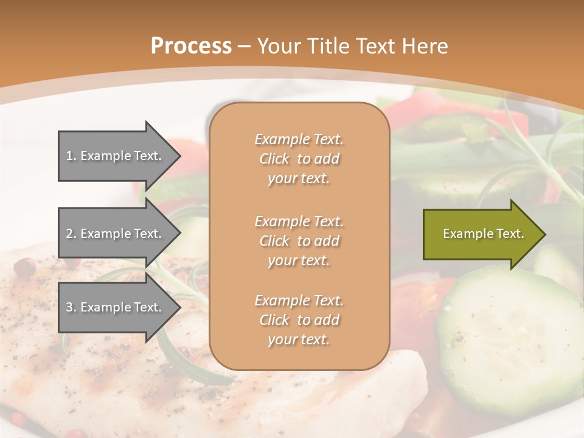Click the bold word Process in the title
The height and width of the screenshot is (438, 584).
191,46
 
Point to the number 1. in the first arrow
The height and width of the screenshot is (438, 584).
71,156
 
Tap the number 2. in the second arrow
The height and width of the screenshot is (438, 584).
71,234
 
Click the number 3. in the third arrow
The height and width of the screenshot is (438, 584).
71,307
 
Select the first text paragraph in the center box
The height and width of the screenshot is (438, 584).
299,159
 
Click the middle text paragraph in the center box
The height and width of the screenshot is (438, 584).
299,241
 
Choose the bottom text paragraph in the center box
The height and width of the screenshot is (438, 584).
299,320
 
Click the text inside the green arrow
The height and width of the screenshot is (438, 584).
483,234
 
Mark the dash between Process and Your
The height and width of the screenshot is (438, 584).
245,46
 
